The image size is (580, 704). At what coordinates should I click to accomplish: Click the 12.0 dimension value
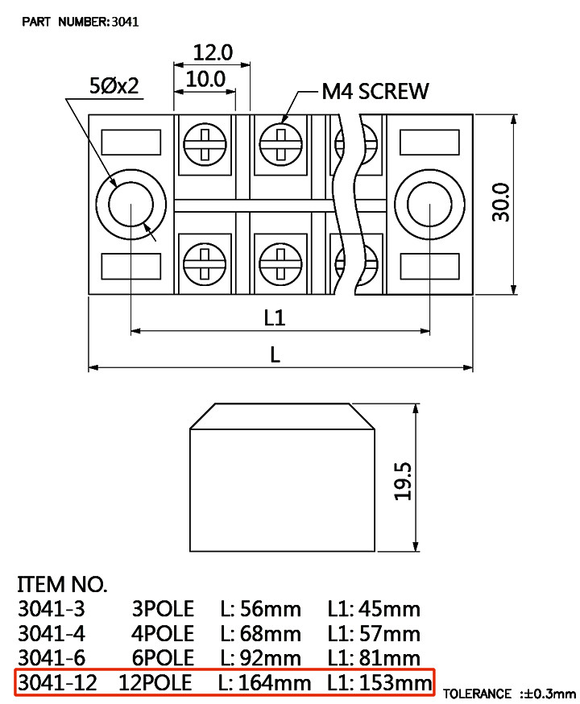(213, 52)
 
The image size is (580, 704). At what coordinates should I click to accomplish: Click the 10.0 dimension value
(205, 80)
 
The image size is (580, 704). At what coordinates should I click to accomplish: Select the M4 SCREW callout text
(375, 91)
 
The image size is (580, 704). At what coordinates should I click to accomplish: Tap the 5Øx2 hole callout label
(114, 85)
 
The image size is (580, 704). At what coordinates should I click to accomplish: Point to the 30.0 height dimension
(501, 202)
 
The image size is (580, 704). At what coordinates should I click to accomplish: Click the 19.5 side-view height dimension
(403, 481)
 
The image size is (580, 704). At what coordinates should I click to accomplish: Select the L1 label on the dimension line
(274, 317)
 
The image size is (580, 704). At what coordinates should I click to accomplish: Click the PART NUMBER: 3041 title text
(81, 22)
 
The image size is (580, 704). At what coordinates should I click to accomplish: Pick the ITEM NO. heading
(62, 585)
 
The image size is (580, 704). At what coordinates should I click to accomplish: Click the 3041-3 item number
(52, 609)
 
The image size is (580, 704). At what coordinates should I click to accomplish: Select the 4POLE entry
(163, 633)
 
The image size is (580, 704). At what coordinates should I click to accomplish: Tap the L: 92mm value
(260, 658)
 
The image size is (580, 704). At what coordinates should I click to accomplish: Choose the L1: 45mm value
(374, 609)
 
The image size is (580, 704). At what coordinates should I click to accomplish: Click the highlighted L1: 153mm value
(379, 683)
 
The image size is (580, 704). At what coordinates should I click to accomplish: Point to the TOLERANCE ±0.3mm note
(509, 694)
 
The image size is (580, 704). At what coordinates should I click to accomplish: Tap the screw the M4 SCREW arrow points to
(281, 144)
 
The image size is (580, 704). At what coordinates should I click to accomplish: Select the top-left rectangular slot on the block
(131, 143)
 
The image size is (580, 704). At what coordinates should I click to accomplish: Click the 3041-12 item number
(57, 683)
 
